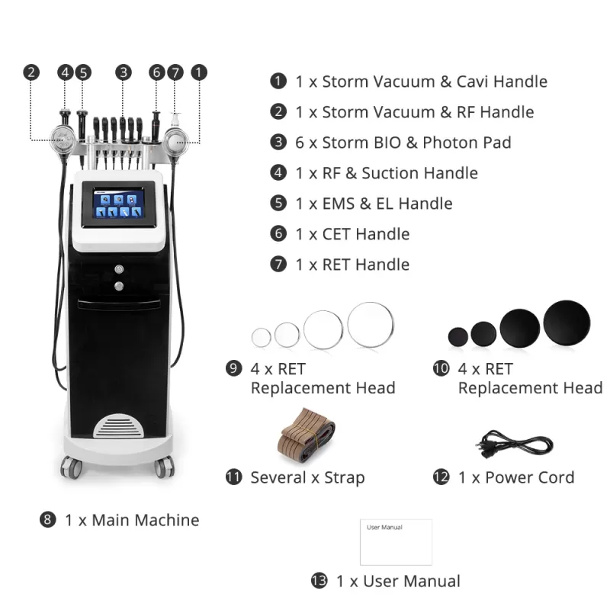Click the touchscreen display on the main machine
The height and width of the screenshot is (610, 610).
(x=119, y=204)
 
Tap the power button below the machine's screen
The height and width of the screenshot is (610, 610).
(x=119, y=269)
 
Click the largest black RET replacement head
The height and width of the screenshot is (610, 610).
(x=567, y=323)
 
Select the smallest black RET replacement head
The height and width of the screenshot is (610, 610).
(x=458, y=337)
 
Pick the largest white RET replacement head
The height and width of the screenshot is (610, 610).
(x=371, y=325)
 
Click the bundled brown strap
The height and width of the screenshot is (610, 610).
(x=306, y=435)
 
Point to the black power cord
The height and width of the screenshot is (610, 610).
(x=514, y=445)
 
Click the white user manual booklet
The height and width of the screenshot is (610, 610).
(x=396, y=542)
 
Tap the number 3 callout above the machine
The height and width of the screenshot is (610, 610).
(x=124, y=72)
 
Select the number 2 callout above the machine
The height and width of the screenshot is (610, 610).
(x=31, y=72)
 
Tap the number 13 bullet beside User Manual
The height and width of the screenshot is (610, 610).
(x=319, y=581)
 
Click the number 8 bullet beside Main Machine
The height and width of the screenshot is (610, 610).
(x=47, y=520)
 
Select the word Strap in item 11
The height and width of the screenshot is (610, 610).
(x=345, y=478)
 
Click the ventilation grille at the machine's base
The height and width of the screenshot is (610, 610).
(x=118, y=426)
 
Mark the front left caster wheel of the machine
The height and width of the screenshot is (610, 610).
(x=71, y=467)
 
